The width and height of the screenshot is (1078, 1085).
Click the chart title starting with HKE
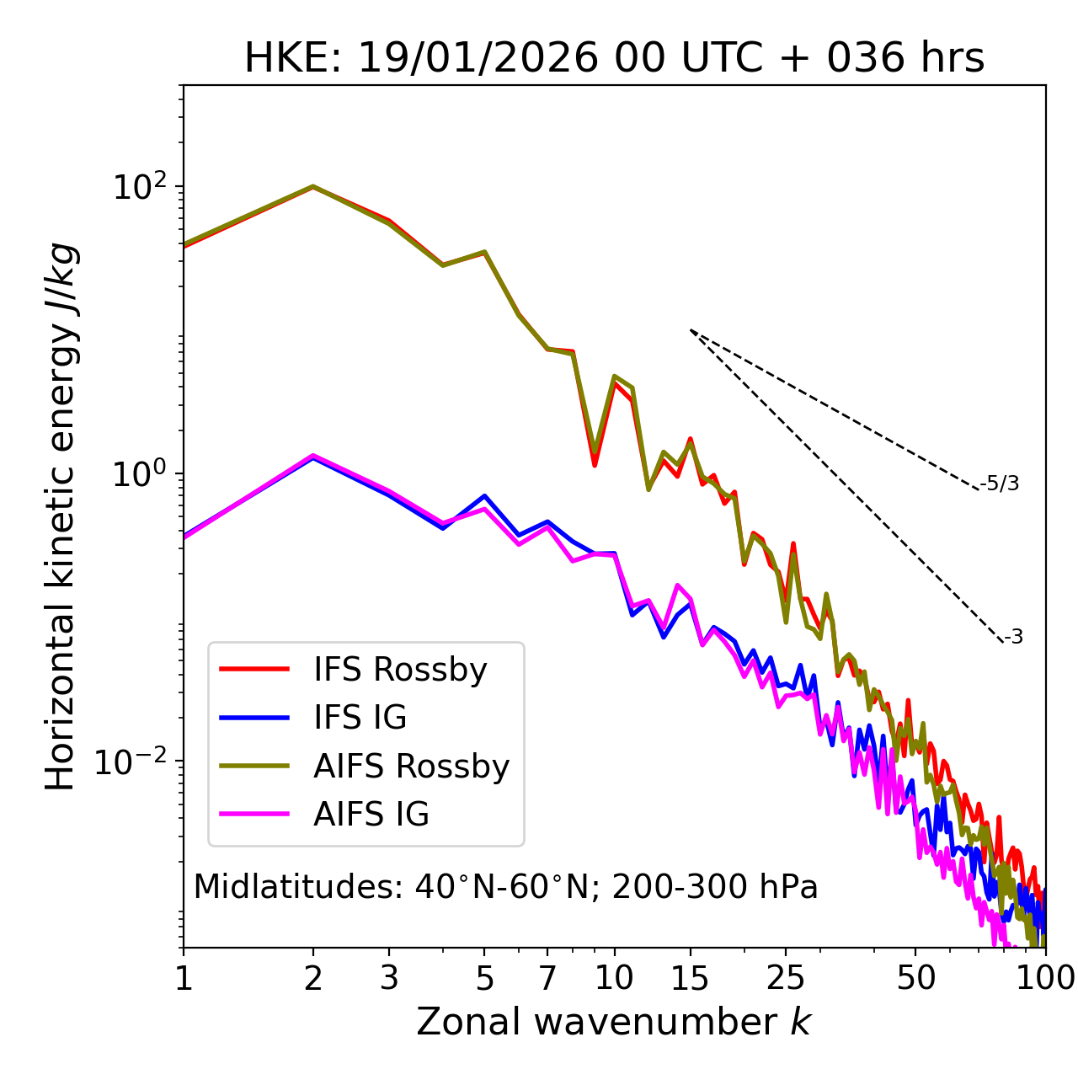(614, 59)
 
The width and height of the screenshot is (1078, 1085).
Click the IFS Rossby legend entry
(400, 670)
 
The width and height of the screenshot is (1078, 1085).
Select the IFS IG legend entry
(360, 718)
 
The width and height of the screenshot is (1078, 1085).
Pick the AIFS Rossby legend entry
(411, 767)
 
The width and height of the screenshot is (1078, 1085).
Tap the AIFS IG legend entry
(371, 815)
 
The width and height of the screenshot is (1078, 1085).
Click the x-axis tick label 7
(547, 978)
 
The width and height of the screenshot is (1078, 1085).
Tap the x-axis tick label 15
(690, 978)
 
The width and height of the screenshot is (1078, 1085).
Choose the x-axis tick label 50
(915, 978)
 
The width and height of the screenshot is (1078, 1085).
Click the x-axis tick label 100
(1044, 978)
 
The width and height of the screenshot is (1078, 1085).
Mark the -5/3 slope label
(1000, 484)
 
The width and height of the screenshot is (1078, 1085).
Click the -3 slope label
(1013, 637)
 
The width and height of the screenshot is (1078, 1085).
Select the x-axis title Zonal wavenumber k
(614, 1022)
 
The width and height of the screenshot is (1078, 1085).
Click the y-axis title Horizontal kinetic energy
(61, 516)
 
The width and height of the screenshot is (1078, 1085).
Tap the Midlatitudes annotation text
(505, 887)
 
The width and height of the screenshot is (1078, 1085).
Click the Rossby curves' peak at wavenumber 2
(313, 186)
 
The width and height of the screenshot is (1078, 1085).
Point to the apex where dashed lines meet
(691, 329)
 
